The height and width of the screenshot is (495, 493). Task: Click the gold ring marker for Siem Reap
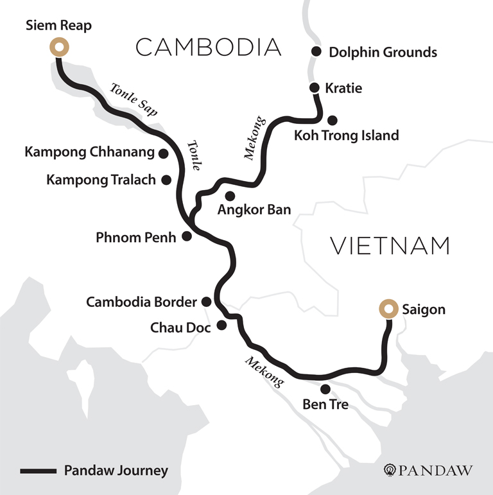tap(59, 47)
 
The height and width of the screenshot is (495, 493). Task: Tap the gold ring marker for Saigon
tap(388, 309)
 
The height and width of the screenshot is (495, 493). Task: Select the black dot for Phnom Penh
tap(187, 236)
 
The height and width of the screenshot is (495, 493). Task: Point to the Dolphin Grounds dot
tap(316, 51)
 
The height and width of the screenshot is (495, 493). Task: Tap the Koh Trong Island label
tap(346, 135)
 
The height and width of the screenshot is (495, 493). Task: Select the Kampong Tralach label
tap(101, 180)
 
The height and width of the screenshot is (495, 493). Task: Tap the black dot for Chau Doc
tap(221, 326)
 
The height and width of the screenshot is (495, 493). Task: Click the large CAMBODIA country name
tap(209, 47)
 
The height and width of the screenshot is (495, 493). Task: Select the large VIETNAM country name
tap(390, 246)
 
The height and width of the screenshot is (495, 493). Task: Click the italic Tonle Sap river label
tap(134, 100)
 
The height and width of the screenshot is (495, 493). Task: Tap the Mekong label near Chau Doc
tap(263, 372)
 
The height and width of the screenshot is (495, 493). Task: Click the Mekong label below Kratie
tap(254, 137)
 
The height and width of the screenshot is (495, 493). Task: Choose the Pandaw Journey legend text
tap(116, 471)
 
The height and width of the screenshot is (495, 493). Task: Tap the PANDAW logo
tap(428, 471)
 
